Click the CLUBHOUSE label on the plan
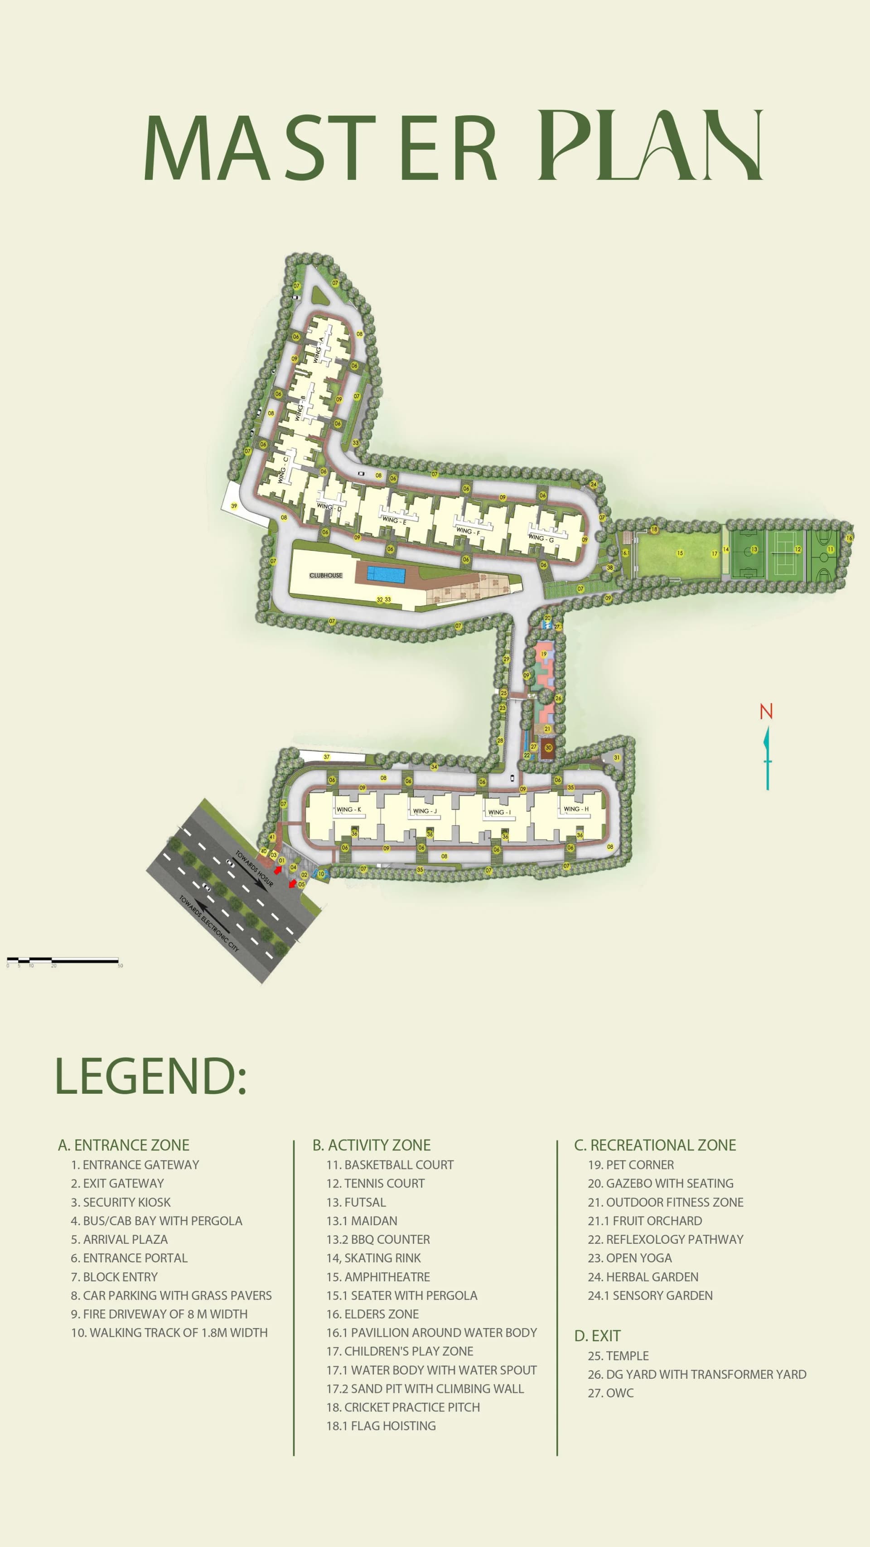click(325, 575)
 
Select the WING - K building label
click(348, 810)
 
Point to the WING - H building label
click(576, 809)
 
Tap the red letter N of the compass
click(765, 712)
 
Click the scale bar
click(63, 960)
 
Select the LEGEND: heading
click(150, 1076)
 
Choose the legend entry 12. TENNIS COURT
click(375, 1183)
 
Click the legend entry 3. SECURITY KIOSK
click(121, 1202)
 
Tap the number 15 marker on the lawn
click(680, 553)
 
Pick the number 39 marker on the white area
click(234, 506)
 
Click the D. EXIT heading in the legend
click(597, 1336)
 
